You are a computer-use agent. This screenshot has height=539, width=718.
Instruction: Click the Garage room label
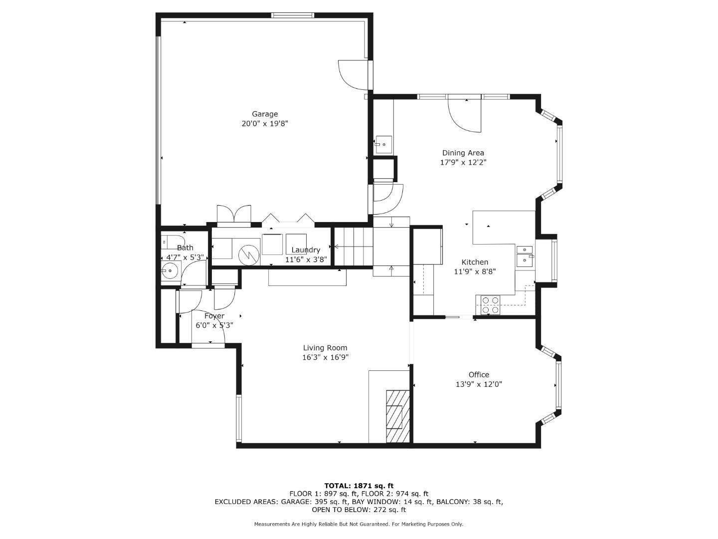click(264, 114)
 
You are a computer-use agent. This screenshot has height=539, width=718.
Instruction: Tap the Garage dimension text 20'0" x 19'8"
click(265, 124)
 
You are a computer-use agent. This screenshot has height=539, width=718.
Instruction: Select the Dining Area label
click(463, 153)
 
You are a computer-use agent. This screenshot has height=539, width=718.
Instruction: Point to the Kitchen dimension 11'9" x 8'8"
click(475, 271)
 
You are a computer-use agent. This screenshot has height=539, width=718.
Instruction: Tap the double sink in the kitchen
click(524, 254)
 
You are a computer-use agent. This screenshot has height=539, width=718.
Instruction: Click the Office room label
click(479, 375)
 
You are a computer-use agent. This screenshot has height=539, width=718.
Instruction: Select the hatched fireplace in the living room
click(397, 416)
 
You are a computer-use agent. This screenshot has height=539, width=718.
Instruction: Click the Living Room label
click(325, 348)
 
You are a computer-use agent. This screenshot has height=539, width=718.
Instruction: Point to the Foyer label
click(214, 316)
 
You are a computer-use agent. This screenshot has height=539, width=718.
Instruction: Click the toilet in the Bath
click(168, 241)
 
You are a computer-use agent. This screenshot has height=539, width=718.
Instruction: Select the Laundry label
click(306, 250)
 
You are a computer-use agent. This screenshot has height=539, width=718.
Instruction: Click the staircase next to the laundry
click(353, 247)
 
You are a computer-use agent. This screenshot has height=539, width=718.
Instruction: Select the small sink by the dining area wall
click(383, 144)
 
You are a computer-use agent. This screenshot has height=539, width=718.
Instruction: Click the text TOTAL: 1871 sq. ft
click(359, 486)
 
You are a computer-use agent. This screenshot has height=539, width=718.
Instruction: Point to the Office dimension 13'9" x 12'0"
click(479, 384)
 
